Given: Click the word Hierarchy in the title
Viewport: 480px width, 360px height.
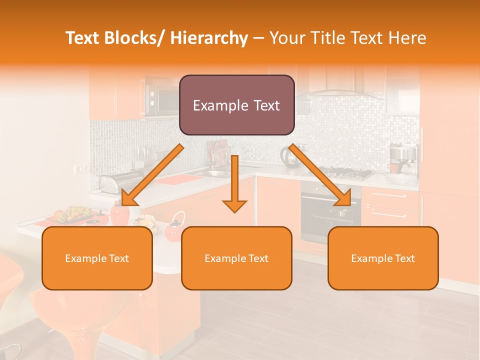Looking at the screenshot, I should coord(209,38).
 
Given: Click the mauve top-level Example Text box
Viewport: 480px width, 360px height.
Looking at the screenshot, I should coord(236,105).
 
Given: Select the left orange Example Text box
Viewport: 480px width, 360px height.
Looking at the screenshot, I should coord(97,258).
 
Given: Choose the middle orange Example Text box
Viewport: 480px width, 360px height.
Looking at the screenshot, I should coord(236,258).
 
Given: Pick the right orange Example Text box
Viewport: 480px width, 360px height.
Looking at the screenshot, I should coord(383,258).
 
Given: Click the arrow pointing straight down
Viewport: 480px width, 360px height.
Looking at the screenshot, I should coord(234,185).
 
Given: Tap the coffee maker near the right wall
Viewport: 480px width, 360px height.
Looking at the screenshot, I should coord(403,158).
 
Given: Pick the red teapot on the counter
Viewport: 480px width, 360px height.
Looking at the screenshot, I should coord(173,228).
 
